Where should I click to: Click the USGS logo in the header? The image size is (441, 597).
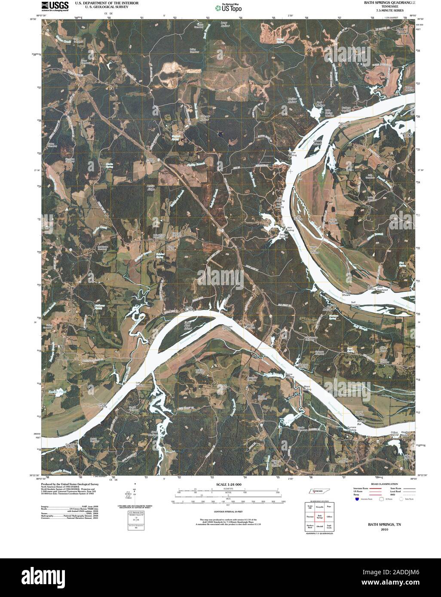coord(55,6)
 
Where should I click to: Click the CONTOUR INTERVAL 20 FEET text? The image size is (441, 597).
coord(227,512)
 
